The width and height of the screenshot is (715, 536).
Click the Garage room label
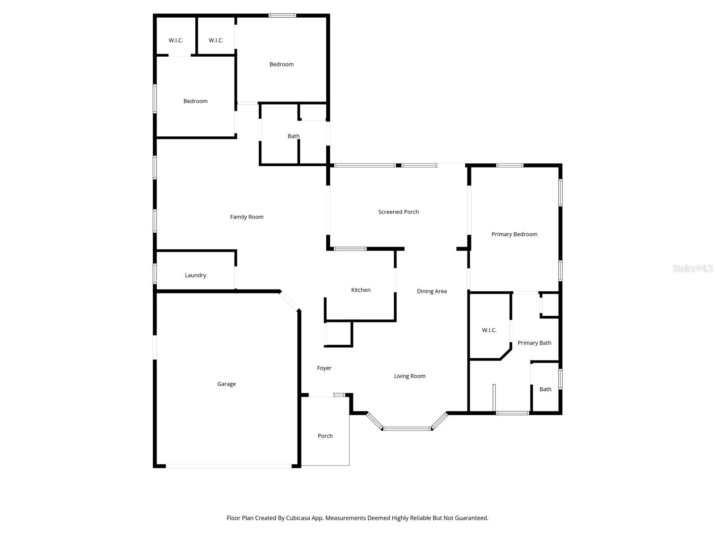coord(226,384)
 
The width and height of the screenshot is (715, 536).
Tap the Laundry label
coord(195,275)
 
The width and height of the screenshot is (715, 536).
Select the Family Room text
coord(247,217)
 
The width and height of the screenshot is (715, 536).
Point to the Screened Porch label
coord(398,212)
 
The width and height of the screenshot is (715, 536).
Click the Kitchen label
coord(361,290)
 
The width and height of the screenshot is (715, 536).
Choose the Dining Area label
coord(432,291)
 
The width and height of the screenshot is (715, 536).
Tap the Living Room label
coord(409,376)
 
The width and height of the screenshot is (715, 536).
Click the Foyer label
coord(324,368)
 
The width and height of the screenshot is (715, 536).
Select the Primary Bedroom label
coord(514,234)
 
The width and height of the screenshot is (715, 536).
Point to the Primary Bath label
coord(534,343)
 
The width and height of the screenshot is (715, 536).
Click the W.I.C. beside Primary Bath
coord(489,330)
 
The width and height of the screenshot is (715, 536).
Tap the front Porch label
coord(325,436)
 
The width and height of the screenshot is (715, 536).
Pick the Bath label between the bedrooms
coord(293,136)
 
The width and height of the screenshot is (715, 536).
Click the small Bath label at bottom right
coord(545,389)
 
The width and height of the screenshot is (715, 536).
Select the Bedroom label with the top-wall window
coord(281,64)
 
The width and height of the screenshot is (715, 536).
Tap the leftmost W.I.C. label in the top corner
coord(176,40)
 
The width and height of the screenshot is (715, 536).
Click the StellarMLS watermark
coord(692,268)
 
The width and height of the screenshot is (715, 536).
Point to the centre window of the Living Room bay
coord(407,429)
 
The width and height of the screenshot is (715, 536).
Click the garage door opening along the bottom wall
coord(228,466)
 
